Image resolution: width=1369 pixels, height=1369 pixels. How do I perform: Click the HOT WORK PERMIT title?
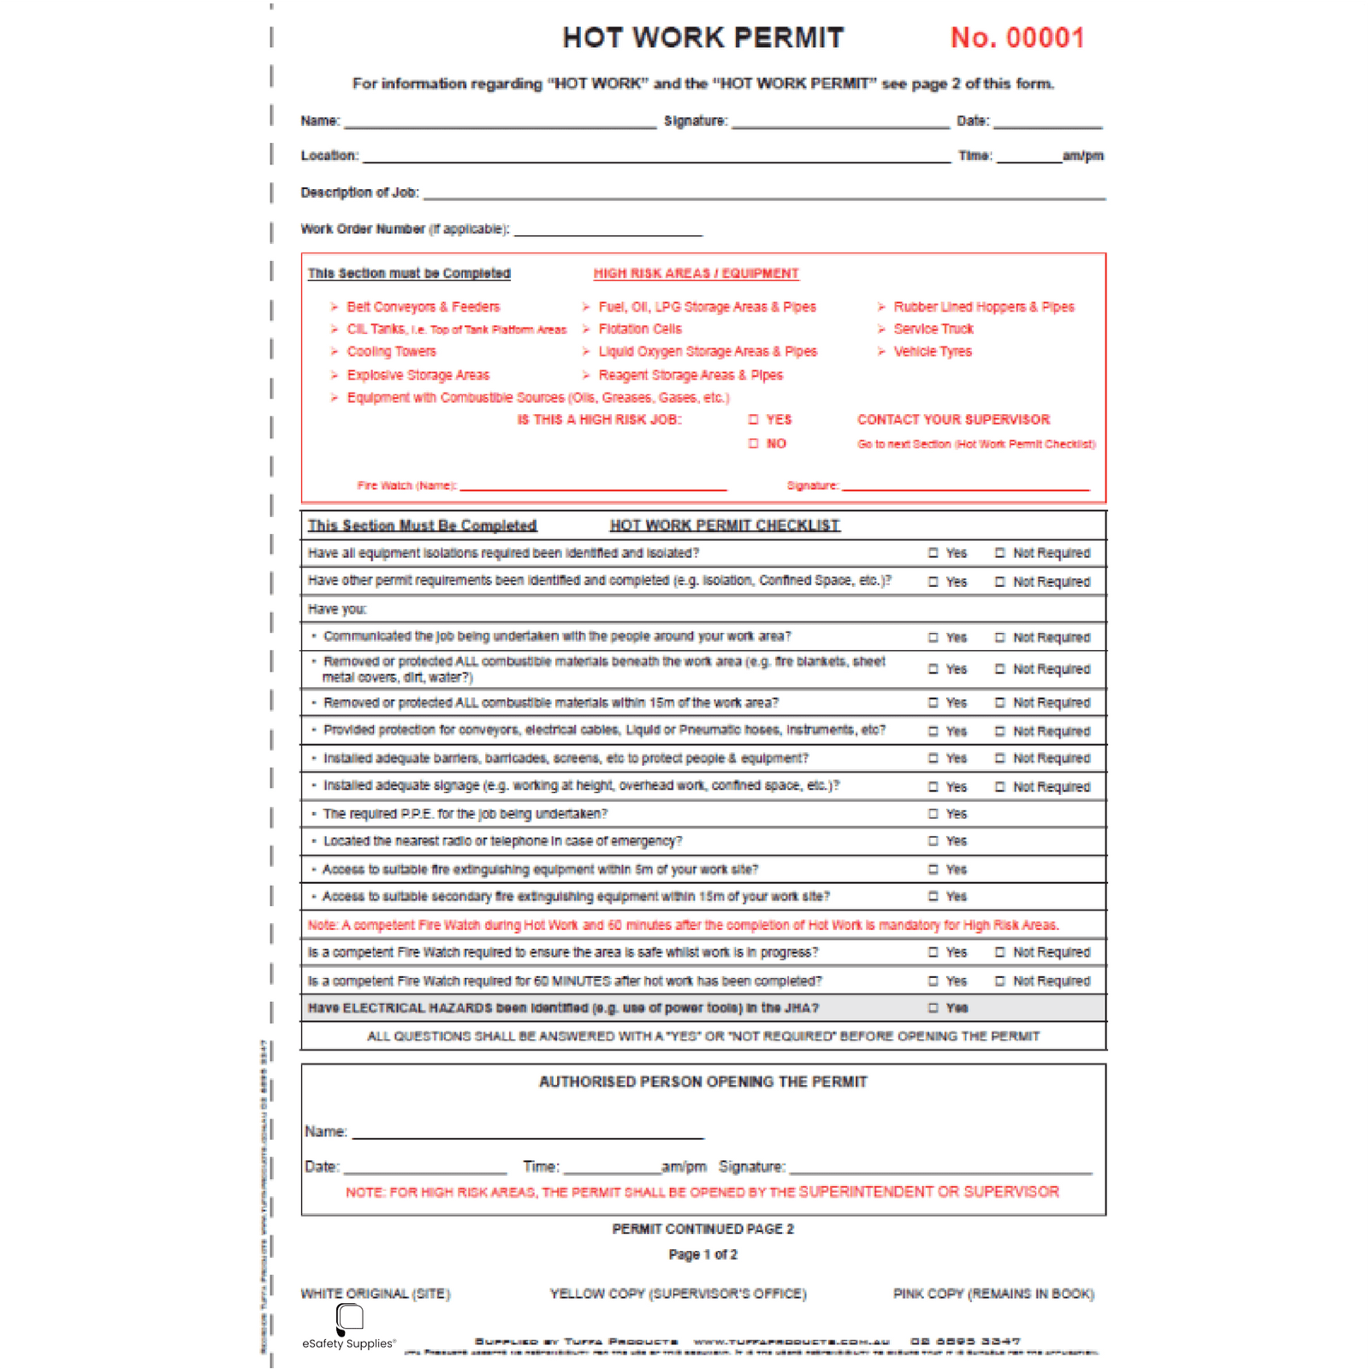(x=702, y=38)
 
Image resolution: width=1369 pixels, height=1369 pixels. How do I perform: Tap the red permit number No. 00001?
(x=1017, y=38)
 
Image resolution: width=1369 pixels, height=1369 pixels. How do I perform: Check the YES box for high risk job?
(x=754, y=419)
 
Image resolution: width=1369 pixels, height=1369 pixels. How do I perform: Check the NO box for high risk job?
(x=754, y=443)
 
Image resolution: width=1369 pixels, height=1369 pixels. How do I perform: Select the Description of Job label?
(x=359, y=193)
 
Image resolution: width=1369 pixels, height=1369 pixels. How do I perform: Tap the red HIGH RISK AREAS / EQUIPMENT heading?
(x=696, y=274)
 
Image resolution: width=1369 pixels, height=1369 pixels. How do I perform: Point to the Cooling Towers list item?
(x=391, y=352)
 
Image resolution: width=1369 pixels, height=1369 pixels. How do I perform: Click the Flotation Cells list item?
(x=640, y=329)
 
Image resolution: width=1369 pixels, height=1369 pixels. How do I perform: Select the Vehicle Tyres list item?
(x=933, y=352)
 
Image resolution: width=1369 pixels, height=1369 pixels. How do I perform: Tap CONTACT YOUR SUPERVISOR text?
(x=953, y=419)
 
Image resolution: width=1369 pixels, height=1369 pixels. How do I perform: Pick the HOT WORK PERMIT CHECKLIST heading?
(x=725, y=525)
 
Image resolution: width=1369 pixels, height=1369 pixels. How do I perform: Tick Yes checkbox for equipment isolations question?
(x=933, y=553)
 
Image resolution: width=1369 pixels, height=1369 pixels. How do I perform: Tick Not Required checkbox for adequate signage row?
(x=999, y=786)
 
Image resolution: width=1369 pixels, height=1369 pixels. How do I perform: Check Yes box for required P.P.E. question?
(x=933, y=814)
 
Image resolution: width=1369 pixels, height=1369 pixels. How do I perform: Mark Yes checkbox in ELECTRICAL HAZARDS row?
(x=933, y=1008)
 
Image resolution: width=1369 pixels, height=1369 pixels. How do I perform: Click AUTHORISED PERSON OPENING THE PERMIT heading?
(x=702, y=1082)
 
